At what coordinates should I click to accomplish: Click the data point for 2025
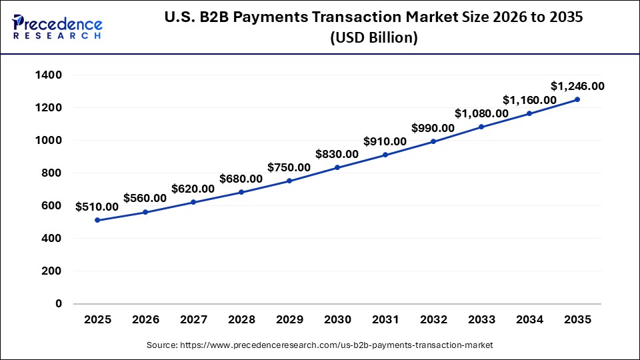(97, 220)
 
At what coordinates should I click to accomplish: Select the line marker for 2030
(337, 167)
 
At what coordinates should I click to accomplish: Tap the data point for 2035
(577, 99)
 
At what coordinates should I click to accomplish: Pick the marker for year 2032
(433, 141)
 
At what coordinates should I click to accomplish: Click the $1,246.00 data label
(577, 86)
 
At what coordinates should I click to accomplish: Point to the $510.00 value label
(97, 207)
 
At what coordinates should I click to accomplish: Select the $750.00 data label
(289, 167)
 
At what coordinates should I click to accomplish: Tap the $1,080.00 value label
(481, 113)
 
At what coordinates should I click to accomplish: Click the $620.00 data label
(193, 189)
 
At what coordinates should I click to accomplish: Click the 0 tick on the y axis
(59, 304)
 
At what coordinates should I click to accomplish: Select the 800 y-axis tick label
(52, 173)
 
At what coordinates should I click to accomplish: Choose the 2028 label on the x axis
(241, 320)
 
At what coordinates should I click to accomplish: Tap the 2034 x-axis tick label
(529, 320)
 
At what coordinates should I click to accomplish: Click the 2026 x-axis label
(145, 320)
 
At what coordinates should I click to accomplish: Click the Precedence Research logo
(57, 27)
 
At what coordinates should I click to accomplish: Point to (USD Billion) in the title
(373, 39)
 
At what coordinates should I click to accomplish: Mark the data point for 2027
(193, 202)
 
